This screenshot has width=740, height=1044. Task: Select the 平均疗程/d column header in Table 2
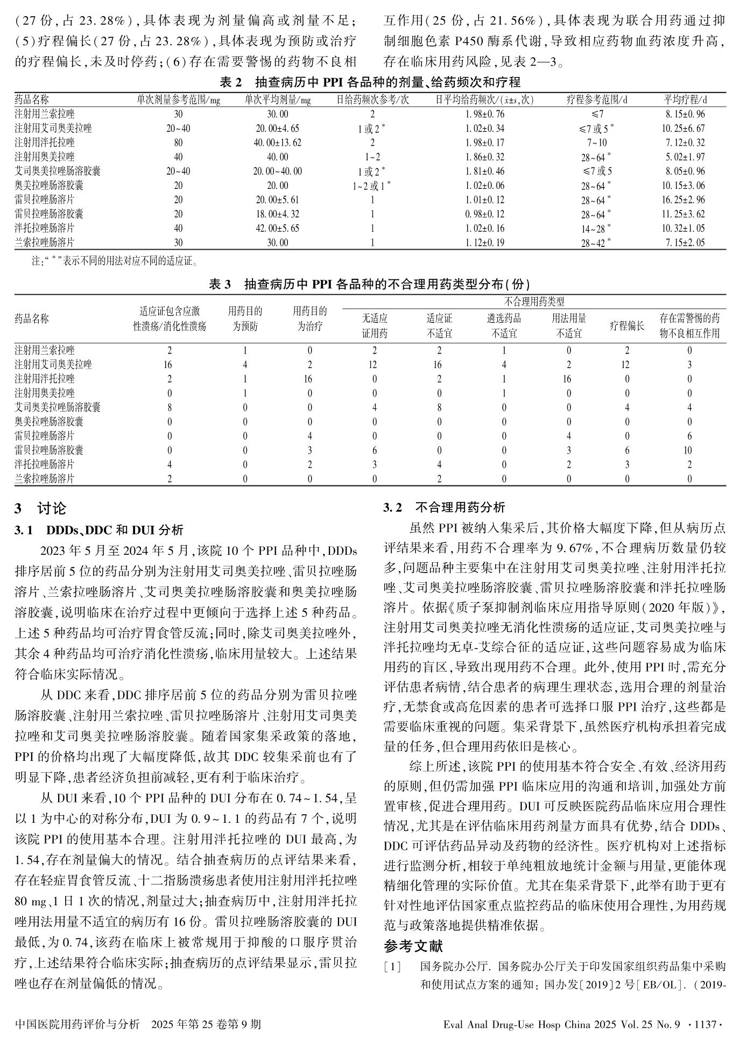pyautogui.click(x=685, y=100)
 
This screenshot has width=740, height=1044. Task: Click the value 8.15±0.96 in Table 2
pyautogui.click(x=685, y=114)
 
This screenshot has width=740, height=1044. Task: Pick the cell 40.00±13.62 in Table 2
pyautogui.click(x=277, y=143)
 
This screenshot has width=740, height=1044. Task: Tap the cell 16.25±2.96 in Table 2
pyautogui.click(x=685, y=200)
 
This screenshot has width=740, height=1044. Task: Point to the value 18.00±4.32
pyautogui.click(x=277, y=214)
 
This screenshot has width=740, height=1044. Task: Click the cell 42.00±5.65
pyautogui.click(x=277, y=228)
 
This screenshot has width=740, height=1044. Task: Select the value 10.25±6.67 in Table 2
pyautogui.click(x=685, y=129)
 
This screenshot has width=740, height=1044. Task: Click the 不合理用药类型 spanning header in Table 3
pyautogui.click(x=534, y=301)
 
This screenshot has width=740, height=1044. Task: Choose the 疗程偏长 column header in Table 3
pyautogui.click(x=626, y=326)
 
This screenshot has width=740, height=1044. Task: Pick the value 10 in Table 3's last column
pyautogui.click(x=689, y=450)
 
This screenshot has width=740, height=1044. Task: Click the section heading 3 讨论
pyautogui.click(x=41, y=508)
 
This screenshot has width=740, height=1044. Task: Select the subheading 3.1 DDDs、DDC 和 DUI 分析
pyautogui.click(x=99, y=530)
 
